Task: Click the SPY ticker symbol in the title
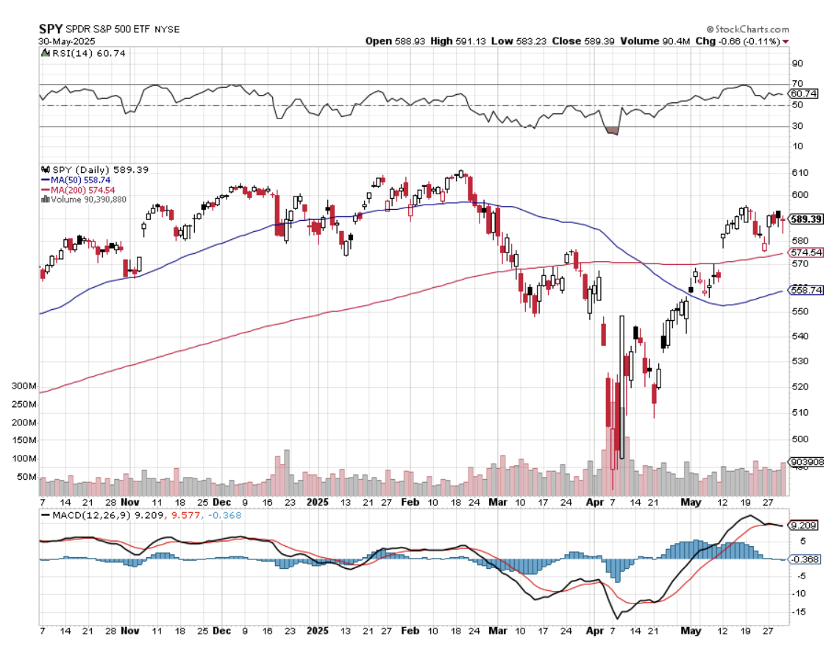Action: click(x=49, y=28)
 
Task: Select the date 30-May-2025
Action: click(x=61, y=41)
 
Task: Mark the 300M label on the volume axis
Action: click(x=25, y=386)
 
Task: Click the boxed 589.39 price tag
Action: click(x=805, y=219)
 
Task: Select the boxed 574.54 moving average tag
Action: click(x=805, y=252)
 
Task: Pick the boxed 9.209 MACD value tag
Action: click(x=803, y=525)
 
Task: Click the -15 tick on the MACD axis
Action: click(x=799, y=612)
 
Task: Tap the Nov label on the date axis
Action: click(x=130, y=631)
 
